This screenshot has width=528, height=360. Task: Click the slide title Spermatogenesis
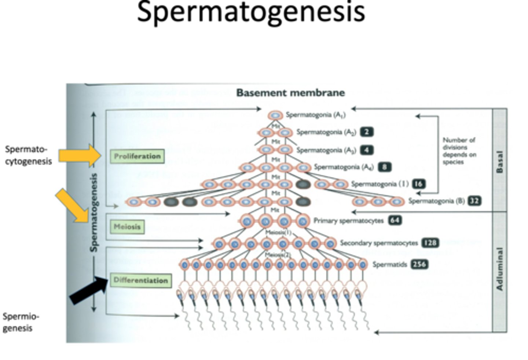(251, 12)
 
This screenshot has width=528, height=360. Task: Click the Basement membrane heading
(290, 93)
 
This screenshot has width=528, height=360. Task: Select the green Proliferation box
(137, 156)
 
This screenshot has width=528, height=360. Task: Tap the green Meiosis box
(127, 227)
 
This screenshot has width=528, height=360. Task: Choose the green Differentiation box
(140, 280)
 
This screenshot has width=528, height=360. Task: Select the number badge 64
(395, 220)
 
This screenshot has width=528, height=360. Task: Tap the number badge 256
(419, 264)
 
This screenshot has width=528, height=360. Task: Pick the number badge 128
(430, 243)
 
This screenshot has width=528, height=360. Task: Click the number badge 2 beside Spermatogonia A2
(366, 132)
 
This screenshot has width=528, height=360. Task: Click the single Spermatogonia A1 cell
(276, 115)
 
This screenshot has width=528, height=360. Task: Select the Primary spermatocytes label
(348, 221)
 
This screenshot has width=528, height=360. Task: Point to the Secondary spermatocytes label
(378, 243)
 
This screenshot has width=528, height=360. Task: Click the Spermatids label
(389, 264)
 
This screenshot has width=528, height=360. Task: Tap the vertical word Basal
(499, 161)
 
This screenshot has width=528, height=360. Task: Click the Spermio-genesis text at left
(21, 322)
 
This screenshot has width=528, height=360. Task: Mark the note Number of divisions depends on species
(459, 151)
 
